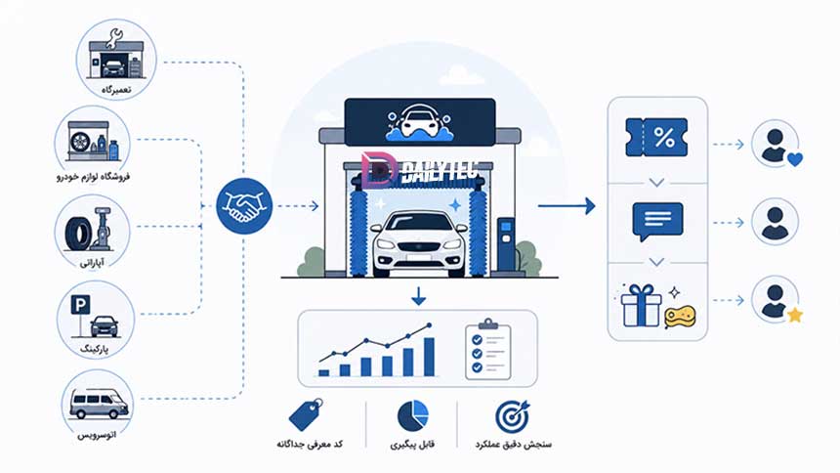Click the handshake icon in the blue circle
(x=244, y=206)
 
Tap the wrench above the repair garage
(x=114, y=38)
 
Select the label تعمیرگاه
(x=115, y=90)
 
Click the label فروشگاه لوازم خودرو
(x=93, y=177)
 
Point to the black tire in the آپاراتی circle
(x=79, y=235)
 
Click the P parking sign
(x=80, y=306)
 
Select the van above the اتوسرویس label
(x=99, y=404)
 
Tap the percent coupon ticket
(x=656, y=138)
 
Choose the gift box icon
(x=641, y=306)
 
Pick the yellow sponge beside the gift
(x=680, y=317)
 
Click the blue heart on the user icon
(x=795, y=159)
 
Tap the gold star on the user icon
(x=795, y=315)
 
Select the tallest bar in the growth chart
(x=429, y=357)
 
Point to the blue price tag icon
(x=306, y=414)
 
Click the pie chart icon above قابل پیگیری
(x=413, y=416)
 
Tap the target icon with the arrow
(x=512, y=416)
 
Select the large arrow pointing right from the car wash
(x=567, y=206)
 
